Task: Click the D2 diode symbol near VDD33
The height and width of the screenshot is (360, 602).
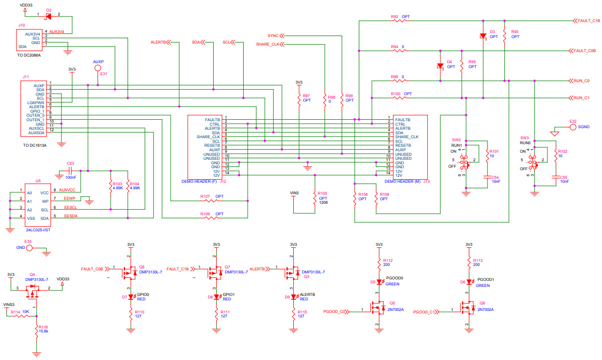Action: [x=49, y=16]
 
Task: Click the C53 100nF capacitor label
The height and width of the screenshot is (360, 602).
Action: [x=71, y=163]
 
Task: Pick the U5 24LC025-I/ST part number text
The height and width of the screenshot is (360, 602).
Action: [x=39, y=230]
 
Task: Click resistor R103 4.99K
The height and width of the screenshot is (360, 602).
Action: [x=110, y=186]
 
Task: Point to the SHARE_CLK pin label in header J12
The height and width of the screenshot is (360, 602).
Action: [x=209, y=137]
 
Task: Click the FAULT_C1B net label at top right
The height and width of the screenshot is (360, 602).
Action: [x=588, y=21]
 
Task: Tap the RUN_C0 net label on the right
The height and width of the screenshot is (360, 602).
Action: [x=581, y=81]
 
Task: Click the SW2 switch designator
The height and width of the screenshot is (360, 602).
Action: [x=456, y=140]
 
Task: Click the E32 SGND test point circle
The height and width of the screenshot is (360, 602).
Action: [x=573, y=127]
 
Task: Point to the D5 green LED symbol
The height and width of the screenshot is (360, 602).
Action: [x=379, y=282]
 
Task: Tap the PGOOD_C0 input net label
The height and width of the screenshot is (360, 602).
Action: [x=336, y=312]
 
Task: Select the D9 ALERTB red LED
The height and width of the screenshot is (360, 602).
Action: [x=293, y=296]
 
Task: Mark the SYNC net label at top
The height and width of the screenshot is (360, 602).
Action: [x=273, y=36]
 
